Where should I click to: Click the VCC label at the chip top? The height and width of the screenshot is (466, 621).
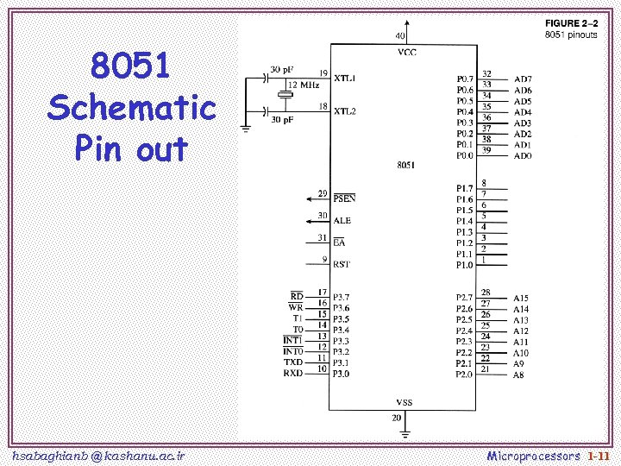[405, 52]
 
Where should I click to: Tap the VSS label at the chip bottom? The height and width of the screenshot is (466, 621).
[404, 402]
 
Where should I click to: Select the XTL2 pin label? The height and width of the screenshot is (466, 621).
[345, 111]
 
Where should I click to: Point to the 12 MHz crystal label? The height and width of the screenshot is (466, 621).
[304, 85]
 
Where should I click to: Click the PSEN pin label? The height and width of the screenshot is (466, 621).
[345, 198]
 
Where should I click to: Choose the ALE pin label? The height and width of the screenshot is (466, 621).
[342, 221]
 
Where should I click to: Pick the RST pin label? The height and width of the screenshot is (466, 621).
[342, 265]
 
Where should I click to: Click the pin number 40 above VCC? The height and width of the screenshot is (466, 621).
[401, 36]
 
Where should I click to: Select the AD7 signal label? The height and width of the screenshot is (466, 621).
[523, 79]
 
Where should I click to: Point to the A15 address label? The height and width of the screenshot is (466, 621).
[521, 298]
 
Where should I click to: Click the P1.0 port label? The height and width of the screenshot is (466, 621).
[464, 265]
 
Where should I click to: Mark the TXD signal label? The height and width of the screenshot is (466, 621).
[293, 362]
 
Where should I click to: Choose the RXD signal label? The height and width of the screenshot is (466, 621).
[293, 374]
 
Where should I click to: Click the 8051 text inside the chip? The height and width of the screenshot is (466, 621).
[405, 165]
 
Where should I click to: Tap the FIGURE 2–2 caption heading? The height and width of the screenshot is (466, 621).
[570, 22]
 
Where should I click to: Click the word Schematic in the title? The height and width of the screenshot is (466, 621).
[131, 109]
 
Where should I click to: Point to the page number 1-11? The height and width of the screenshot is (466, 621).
[599, 454]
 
